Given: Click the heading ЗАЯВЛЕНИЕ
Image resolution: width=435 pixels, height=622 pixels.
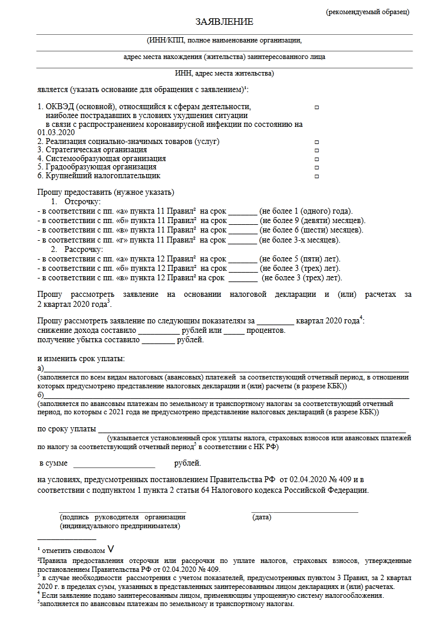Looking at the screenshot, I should (225, 22).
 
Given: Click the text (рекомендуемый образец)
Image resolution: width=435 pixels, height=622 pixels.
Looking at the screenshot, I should (368, 12).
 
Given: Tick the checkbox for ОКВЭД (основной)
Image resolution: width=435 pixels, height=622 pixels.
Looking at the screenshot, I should (317, 108).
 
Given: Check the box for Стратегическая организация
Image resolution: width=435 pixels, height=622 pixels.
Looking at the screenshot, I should (317, 151).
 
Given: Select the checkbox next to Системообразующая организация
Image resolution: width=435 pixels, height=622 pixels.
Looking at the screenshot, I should (317, 159).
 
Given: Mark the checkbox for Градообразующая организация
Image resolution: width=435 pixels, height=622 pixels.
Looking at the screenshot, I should (317, 168).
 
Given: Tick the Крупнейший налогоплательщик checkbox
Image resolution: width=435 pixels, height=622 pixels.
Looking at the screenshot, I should (317, 176).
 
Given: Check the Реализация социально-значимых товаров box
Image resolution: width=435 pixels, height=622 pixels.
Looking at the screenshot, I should (317, 142).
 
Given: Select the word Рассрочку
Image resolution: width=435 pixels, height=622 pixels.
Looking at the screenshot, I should (84, 250).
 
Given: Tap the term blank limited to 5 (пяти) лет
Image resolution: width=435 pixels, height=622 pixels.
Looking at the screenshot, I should (243, 260).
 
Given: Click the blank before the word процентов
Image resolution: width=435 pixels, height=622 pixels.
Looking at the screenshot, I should (233, 332).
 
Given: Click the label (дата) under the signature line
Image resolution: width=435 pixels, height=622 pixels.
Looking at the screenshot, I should (262, 518).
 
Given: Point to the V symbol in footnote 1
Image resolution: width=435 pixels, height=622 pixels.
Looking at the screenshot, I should (119, 549).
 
